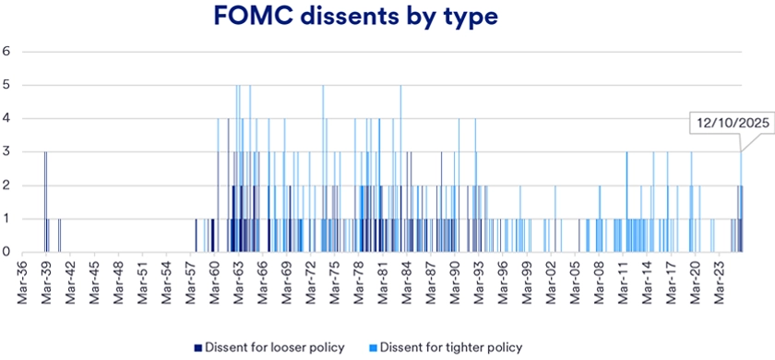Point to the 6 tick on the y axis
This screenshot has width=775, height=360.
[x=6, y=52]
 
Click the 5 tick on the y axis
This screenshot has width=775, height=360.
[x=6, y=85]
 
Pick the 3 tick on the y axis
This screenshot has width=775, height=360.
[x=6, y=151]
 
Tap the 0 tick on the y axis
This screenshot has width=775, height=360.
[x=6, y=251]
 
